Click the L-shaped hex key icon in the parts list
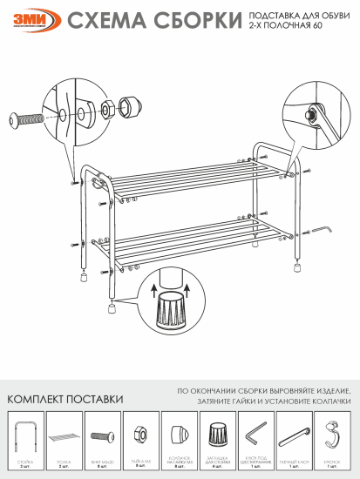tap(255, 433)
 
